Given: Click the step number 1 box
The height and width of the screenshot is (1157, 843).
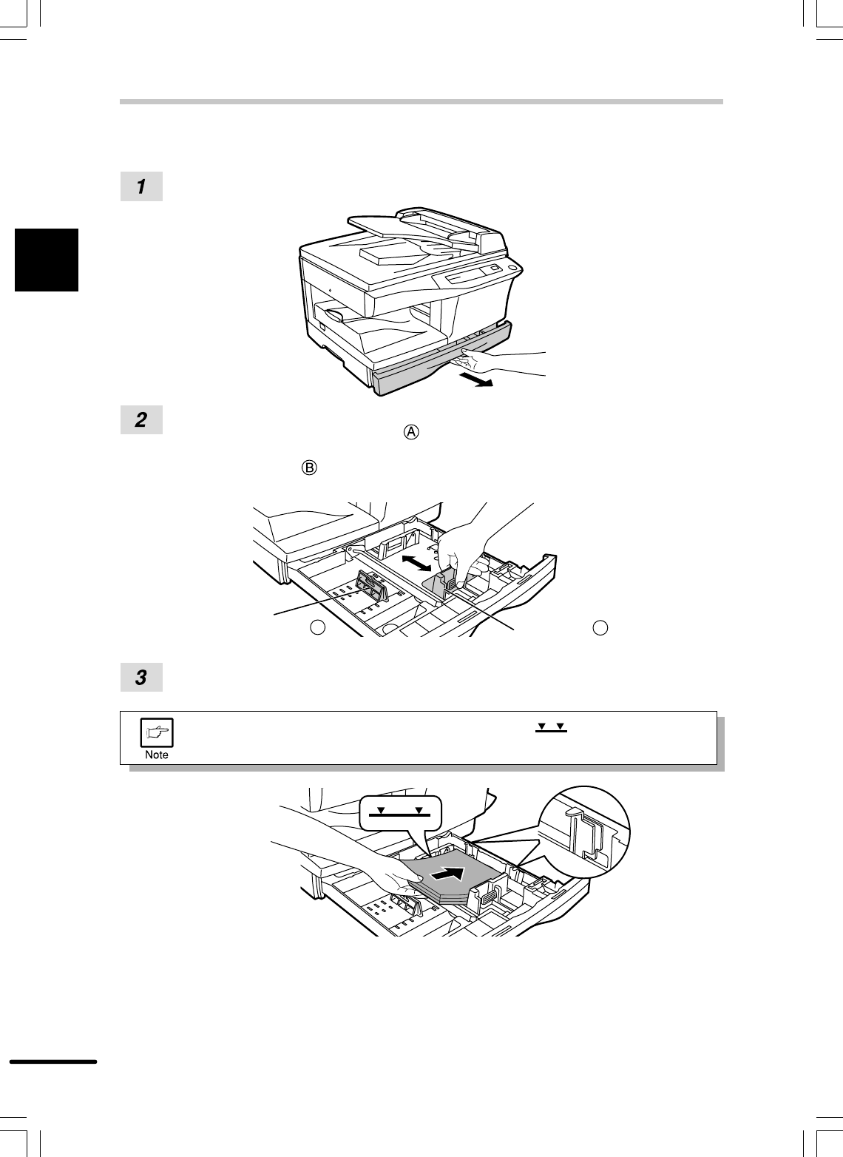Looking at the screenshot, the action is point(141,186).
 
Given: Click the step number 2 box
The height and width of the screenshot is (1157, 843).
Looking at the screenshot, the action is point(141,420).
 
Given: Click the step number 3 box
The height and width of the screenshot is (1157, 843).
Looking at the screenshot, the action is point(141,677).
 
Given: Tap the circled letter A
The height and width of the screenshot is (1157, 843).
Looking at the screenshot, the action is point(411,432).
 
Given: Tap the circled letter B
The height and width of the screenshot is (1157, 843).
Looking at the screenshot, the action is point(309,468).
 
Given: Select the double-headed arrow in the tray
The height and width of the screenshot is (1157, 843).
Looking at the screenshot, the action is point(416,562).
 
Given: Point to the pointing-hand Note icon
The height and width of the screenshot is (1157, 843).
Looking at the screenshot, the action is point(157,732).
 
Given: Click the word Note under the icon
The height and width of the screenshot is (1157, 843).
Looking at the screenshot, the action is point(157,755).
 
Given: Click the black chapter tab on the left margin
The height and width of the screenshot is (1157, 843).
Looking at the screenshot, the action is point(47,260).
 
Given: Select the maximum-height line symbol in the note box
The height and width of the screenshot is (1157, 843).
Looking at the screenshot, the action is point(551,728).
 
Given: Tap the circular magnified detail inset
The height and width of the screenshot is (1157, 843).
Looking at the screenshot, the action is point(584,832).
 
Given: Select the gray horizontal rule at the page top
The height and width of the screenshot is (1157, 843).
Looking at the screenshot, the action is point(421,102).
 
